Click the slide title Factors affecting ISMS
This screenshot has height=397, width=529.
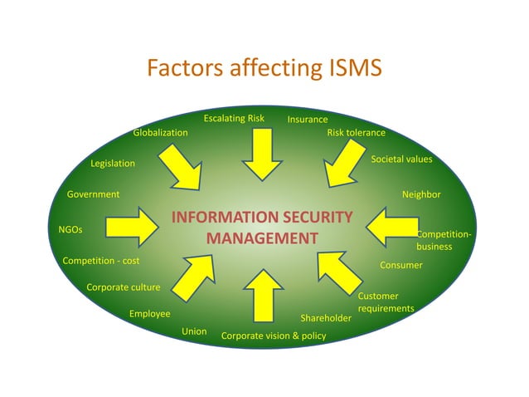pos(264,68)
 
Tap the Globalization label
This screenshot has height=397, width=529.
pos(160,132)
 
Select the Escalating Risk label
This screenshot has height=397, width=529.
pos(234,118)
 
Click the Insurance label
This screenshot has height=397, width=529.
pos(308,120)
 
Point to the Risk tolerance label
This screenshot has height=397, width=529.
pos(356,132)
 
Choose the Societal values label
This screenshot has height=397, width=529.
pos(401,159)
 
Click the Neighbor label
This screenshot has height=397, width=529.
pos(421,194)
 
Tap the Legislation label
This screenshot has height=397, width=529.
pos(113,164)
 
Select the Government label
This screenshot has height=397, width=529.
pos(93,194)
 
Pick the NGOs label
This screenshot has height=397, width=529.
pos(70,228)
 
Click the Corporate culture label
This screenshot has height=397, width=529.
pos(124,287)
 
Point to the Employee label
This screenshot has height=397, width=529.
pos(149,314)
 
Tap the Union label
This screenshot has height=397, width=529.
pos(194,331)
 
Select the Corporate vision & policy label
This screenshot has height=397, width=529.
pos(274,336)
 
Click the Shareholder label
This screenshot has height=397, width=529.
pos(326,318)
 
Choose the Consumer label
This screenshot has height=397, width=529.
pos(401,265)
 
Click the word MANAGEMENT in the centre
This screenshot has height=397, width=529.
pos(262,238)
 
